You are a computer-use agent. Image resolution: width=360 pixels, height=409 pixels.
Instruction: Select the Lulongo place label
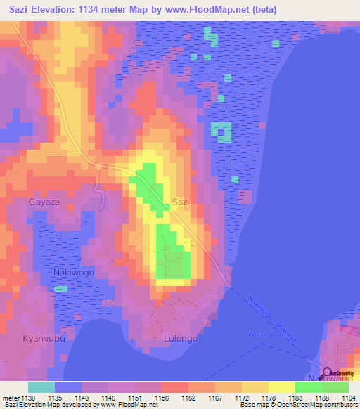[181, 338]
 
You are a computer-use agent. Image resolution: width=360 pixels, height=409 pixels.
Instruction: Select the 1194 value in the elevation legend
[349, 398]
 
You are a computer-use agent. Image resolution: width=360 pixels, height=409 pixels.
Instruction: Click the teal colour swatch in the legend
[41, 387]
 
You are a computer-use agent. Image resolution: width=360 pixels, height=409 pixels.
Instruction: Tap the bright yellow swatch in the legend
[281, 387]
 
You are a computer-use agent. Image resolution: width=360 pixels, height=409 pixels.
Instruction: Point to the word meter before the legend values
[10, 398]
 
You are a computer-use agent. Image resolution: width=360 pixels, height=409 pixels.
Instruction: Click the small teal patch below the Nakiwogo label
[61, 289]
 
